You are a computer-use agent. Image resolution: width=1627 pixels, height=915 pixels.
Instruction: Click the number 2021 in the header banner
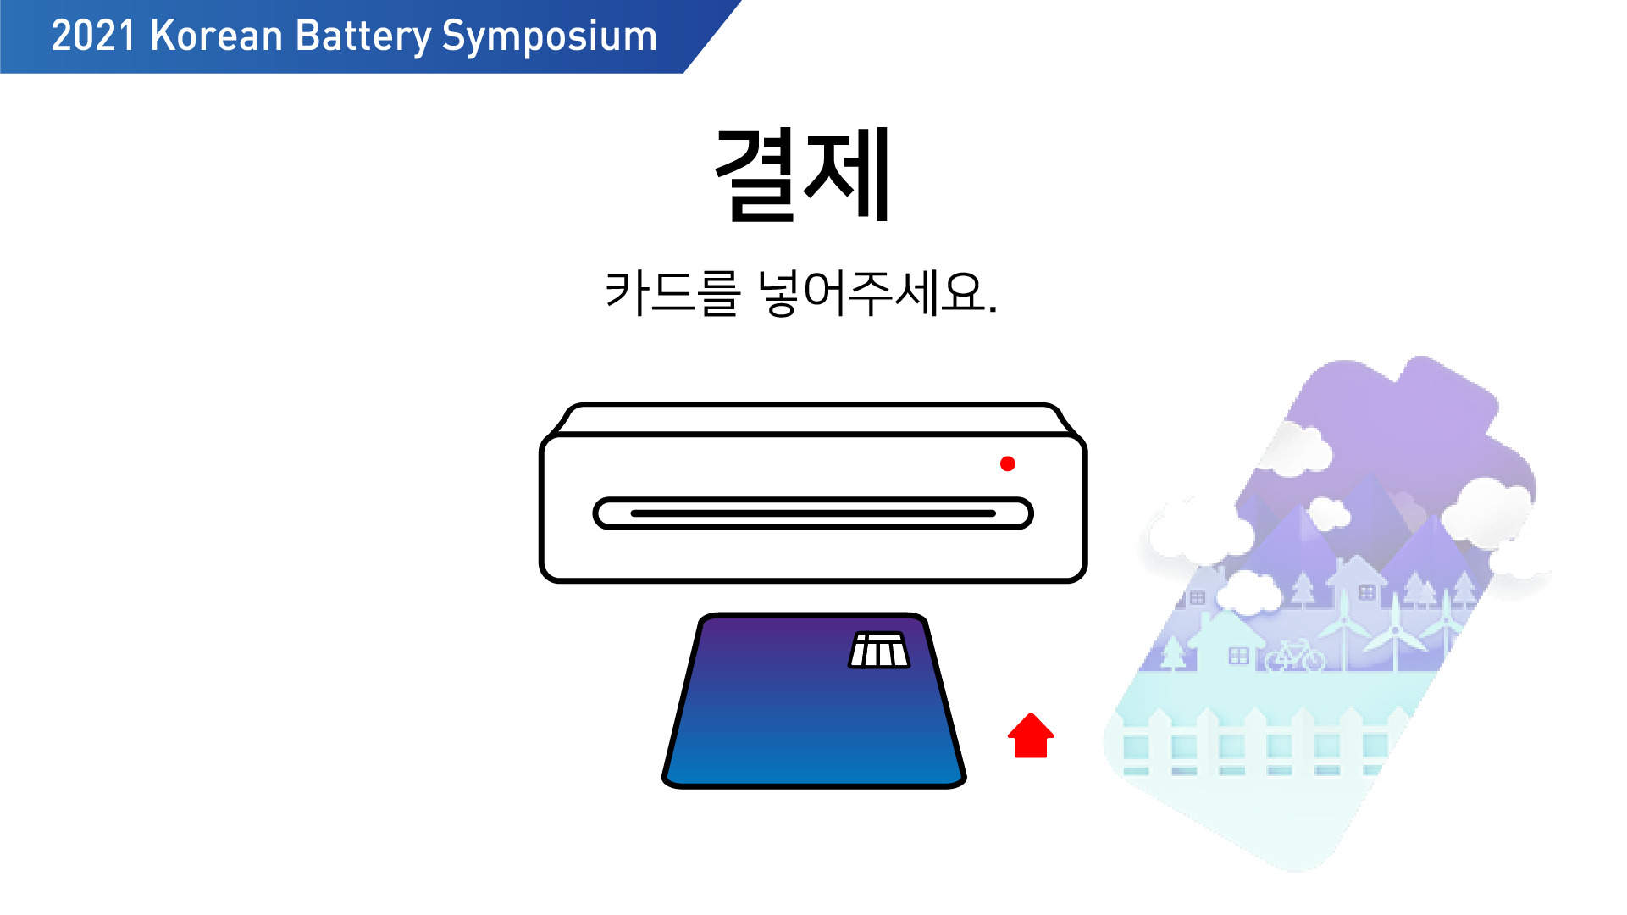tap(93, 36)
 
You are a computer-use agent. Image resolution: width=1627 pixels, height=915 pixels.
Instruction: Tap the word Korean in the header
tap(216, 36)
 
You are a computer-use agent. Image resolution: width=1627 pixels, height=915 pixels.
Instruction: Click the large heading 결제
tap(802, 175)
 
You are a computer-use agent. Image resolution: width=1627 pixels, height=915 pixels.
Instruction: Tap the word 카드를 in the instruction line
tap(672, 293)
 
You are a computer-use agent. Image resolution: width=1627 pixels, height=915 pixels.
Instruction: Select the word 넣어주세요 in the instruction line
tap(877, 293)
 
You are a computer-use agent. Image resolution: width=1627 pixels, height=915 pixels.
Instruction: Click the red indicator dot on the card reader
tap(1007, 463)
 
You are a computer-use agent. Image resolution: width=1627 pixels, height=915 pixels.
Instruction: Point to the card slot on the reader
tap(813, 513)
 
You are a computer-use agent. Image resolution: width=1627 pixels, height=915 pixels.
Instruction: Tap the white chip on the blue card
tap(879, 650)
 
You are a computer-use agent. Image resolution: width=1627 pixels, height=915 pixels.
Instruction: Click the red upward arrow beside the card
tap(1031, 735)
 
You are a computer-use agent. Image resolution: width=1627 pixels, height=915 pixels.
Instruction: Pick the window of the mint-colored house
tap(1239, 656)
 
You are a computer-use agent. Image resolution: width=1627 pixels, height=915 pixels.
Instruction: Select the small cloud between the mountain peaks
tap(1329, 513)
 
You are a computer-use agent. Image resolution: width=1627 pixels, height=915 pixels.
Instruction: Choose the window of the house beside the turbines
tap(1367, 593)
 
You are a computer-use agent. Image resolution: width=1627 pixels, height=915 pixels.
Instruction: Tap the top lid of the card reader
tap(813, 419)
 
